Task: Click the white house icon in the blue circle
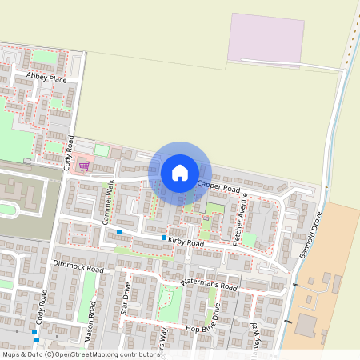click(x=180, y=171)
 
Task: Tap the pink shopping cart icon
click(x=84, y=166)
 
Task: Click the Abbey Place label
click(x=46, y=78)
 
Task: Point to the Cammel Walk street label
click(x=109, y=196)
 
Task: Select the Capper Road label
click(x=218, y=187)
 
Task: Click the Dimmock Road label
click(x=78, y=266)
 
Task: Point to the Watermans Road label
click(x=210, y=283)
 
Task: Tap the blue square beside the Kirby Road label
click(x=164, y=238)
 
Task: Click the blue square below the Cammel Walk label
click(x=118, y=232)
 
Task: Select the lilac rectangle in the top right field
click(x=266, y=37)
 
